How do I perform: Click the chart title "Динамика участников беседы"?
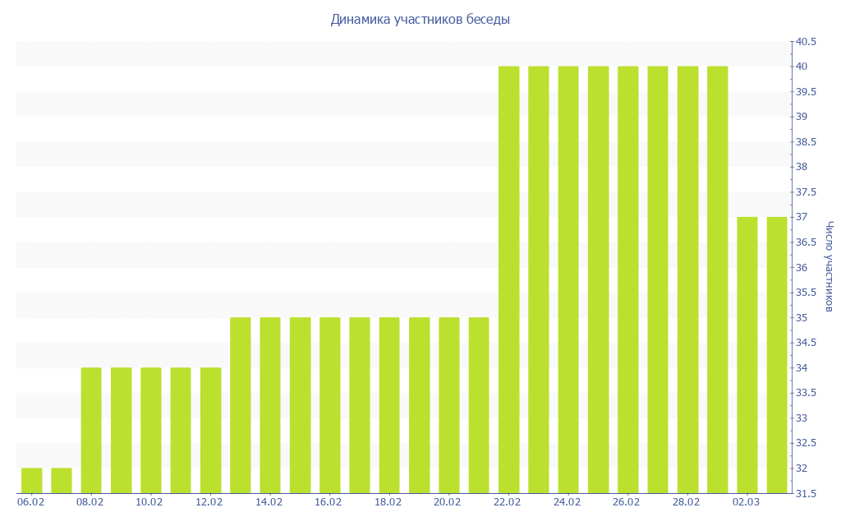coord(420,19)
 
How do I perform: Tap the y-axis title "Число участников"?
coord(830,266)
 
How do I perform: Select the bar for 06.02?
coord(31,481)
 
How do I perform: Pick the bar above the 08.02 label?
coord(91,431)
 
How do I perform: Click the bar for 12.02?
coord(210,431)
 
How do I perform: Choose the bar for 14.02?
coord(270,405)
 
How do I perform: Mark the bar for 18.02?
coord(389,405)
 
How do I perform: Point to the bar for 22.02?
coord(509,279)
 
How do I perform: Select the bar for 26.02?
coord(628,279)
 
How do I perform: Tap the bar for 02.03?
coord(747,355)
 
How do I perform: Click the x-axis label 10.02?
coord(149,501)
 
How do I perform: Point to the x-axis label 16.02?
coord(329,501)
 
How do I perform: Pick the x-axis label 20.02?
coord(448,501)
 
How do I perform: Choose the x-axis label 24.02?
coord(567,501)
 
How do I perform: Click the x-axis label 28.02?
coord(686,501)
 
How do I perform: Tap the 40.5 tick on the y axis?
coord(805,41)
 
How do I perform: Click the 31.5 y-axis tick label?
coord(805,493)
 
